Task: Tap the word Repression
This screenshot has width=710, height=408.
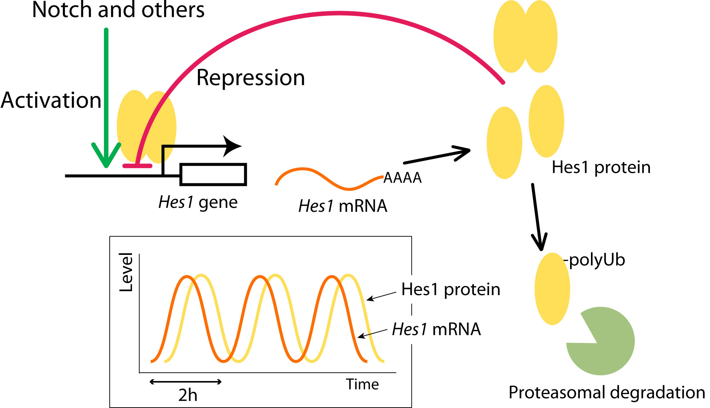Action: [251, 78]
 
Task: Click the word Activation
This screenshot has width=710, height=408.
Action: [51, 100]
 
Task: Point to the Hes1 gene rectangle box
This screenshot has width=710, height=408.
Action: [213, 175]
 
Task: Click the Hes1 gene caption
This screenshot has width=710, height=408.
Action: [198, 202]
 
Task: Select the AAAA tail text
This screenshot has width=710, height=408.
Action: [402, 178]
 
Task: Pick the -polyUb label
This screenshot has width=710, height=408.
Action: [595, 260]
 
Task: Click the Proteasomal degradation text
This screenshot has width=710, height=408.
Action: [607, 393]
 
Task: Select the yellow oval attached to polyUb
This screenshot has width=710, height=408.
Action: [552, 289]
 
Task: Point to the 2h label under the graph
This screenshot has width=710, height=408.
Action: [188, 395]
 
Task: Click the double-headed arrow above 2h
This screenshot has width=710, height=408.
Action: [186, 382]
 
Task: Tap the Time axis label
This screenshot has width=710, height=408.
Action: [362, 384]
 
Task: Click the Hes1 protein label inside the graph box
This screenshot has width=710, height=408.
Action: [451, 289]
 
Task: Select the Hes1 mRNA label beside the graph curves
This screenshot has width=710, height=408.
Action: [436, 329]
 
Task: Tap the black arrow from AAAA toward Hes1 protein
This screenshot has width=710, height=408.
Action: [437, 156]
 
